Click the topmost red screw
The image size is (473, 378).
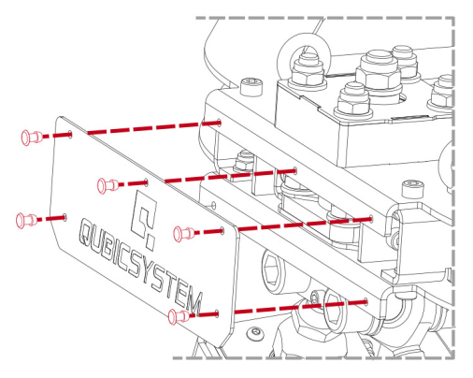click(x=29, y=138)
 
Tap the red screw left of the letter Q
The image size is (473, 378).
click(x=26, y=220)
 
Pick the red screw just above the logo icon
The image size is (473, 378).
click(x=107, y=184)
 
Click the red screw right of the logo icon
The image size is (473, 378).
click(x=183, y=231)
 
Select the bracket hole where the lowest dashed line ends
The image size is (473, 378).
click(x=367, y=301)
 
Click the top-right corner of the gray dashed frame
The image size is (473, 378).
click(x=454, y=17)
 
